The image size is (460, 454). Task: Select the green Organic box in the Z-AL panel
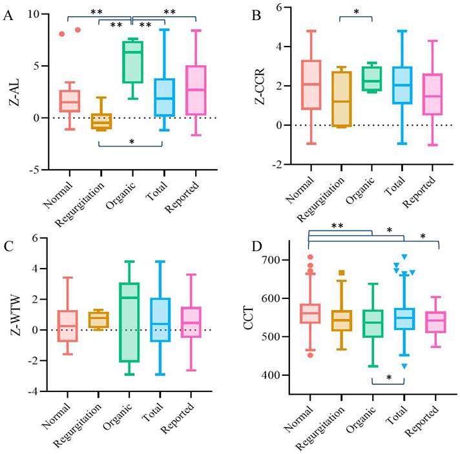click(x=133, y=63)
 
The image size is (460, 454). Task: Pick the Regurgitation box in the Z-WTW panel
click(x=98, y=320)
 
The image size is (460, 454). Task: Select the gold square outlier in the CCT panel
click(x=341, y=273)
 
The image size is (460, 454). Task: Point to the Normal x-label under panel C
click(x=56, y=417)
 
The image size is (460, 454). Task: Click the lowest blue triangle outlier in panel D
click(x=404, y=366)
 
